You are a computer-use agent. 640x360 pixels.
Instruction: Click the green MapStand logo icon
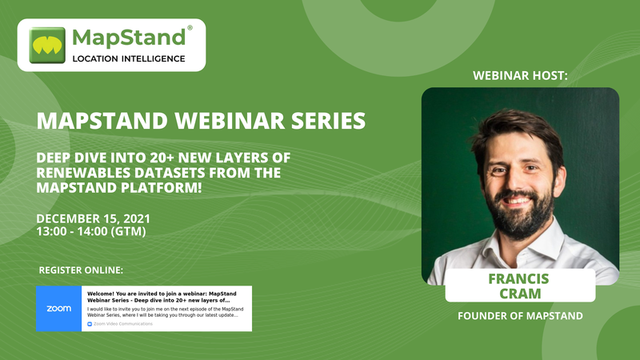click(47, 46)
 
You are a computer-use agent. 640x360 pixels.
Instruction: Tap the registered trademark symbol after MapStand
click(190, 28)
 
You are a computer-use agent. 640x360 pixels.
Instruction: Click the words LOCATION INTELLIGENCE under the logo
click(129, 58)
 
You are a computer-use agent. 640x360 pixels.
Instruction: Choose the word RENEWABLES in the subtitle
click(83, 173)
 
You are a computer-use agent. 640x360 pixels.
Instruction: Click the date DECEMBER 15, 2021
click(93, 218)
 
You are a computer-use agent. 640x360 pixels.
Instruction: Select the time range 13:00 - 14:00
click(72, 231)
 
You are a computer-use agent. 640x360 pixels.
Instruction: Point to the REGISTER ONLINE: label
click(81, 270)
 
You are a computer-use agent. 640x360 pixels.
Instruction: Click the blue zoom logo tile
click(58, 309)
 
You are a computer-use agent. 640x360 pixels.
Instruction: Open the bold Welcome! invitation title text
click(162, 297)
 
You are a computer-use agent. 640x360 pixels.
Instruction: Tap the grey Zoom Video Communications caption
click(120, 324)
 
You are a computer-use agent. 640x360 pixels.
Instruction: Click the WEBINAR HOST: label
click(520, 75)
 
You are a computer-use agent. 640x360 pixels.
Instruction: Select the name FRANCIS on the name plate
click(518, 278)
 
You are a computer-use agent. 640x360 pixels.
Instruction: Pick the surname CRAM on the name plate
click(520, 294)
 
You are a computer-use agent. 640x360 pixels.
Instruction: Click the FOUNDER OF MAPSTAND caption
click(520, 316)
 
